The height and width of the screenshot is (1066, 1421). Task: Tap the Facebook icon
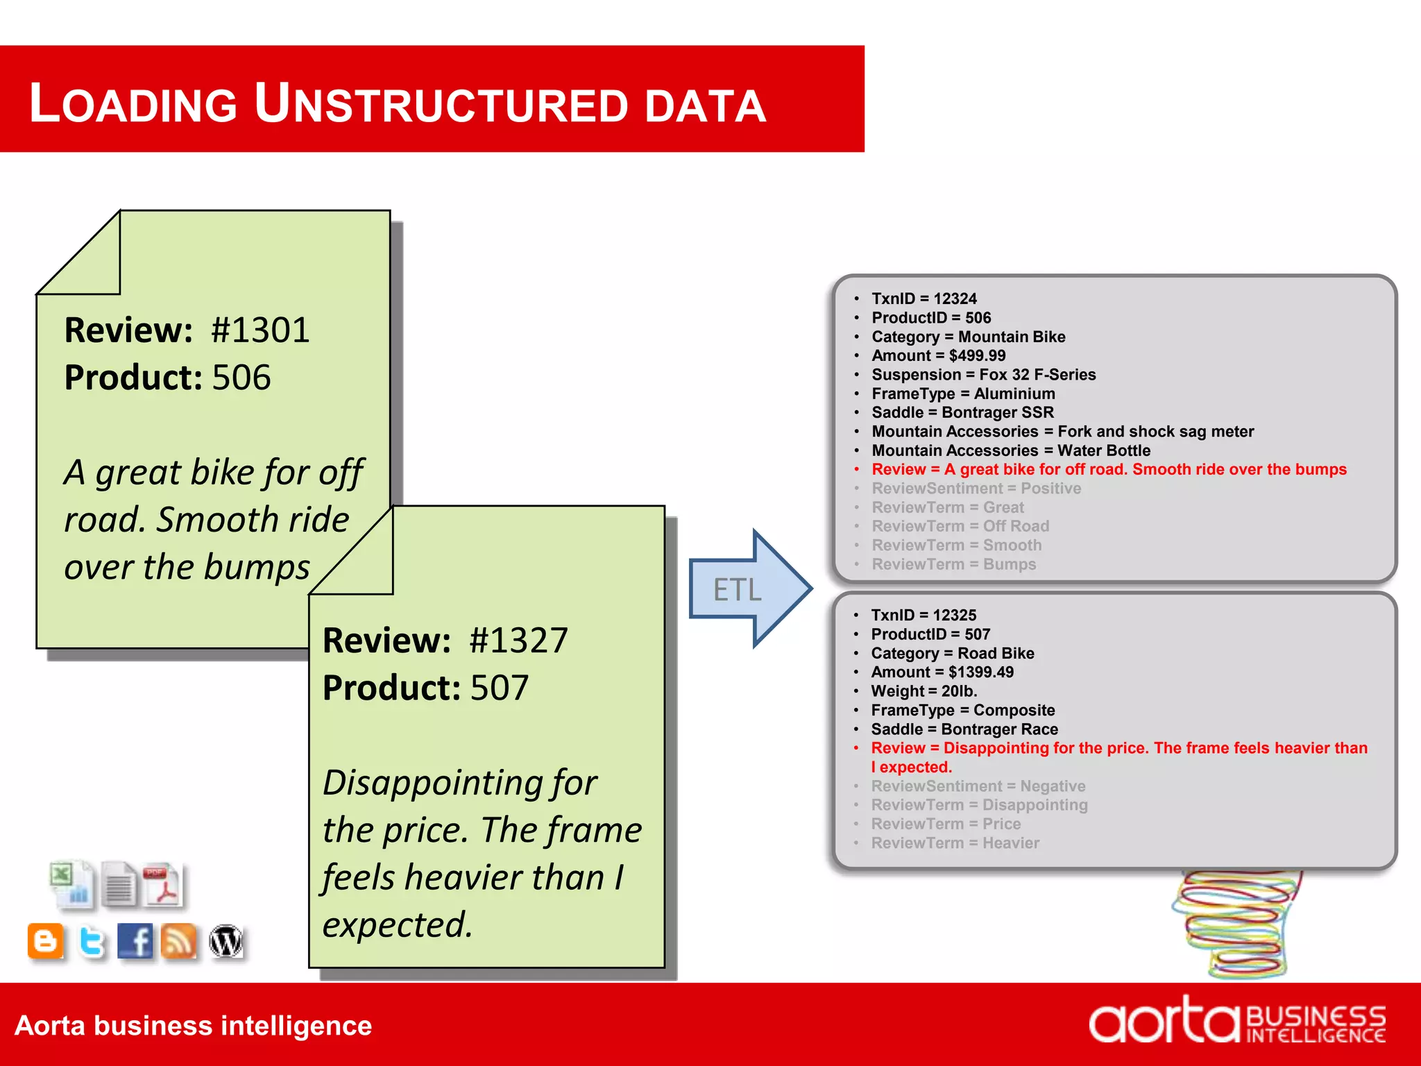(x=135, y=942)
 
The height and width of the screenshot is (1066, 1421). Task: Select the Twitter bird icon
(x=92, y=942)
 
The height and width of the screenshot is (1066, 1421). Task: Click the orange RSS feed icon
(x=179, y=942)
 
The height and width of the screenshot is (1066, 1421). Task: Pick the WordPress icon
(x=226, y=942)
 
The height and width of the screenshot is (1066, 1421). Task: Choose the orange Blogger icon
(x=46, y=942)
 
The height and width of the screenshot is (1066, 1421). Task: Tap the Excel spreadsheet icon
(x=71, y=883)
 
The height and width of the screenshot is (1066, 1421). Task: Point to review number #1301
(x=260, y=330)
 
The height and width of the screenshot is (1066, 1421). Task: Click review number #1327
(x=518, y=641)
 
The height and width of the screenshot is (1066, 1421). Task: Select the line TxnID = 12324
(x=924, y=298)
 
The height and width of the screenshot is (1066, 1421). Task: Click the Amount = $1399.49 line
(x=942, y=672)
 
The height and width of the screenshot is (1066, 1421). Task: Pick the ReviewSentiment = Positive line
(x=976, y=489)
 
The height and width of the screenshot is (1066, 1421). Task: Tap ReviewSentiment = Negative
(x=978, y=786)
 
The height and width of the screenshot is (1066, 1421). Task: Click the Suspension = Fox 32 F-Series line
(x=983, y=375)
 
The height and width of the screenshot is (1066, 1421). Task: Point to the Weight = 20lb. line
(x=924, y=691)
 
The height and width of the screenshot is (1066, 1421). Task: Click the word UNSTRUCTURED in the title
(x=441, y=104)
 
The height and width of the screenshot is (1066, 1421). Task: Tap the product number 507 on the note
(x=500, y=688)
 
